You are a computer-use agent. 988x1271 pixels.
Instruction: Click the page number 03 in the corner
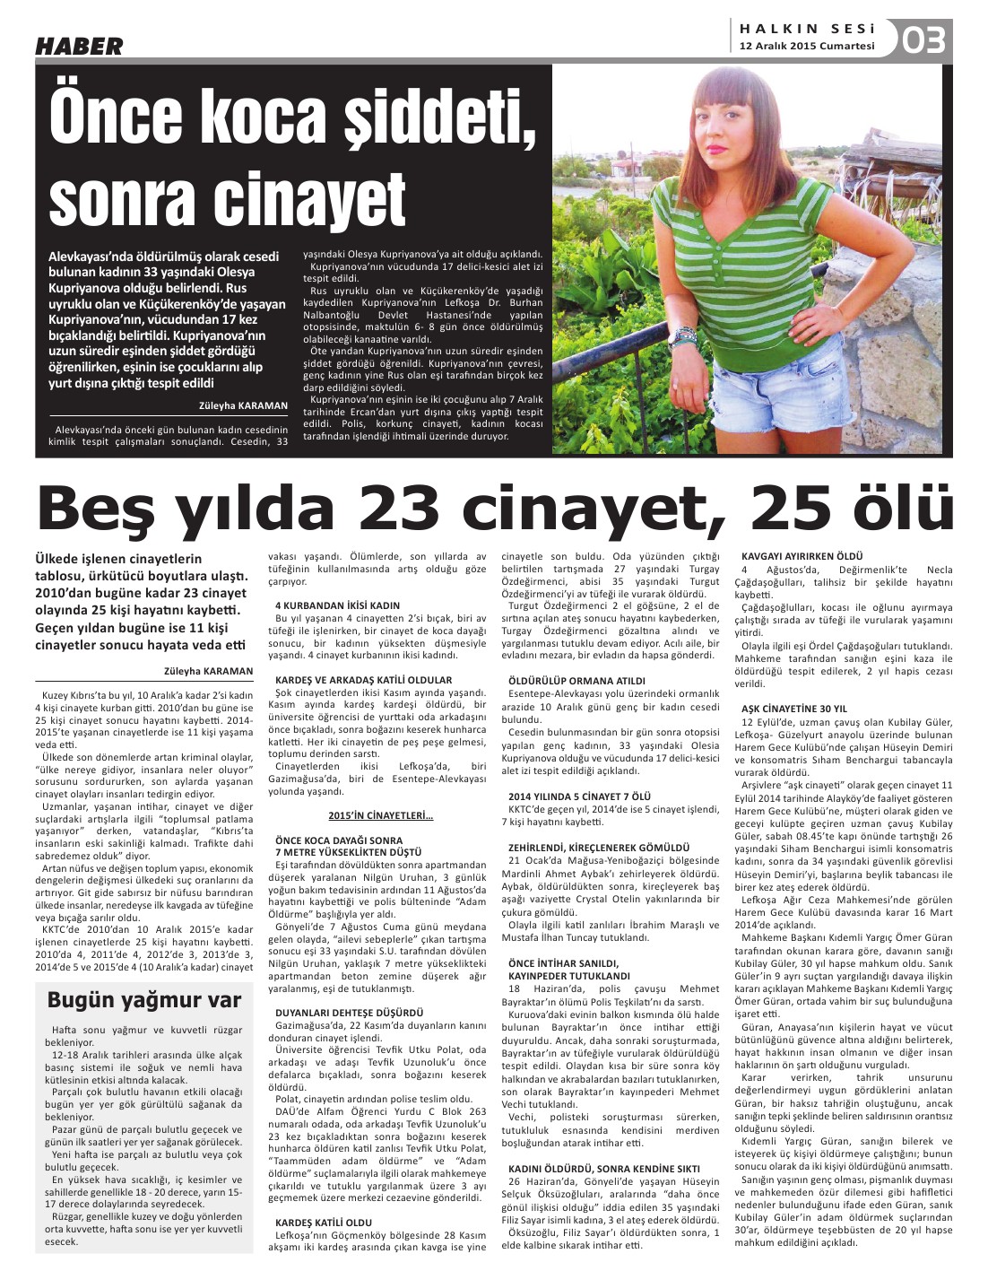pyautogui.click(x=923, y=40)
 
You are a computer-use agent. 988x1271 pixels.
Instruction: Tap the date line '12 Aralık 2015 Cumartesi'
pyautogui.click(x=807, y=47)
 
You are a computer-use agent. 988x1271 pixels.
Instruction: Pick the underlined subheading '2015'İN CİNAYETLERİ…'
pyautogui.click(x=381, y=815)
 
